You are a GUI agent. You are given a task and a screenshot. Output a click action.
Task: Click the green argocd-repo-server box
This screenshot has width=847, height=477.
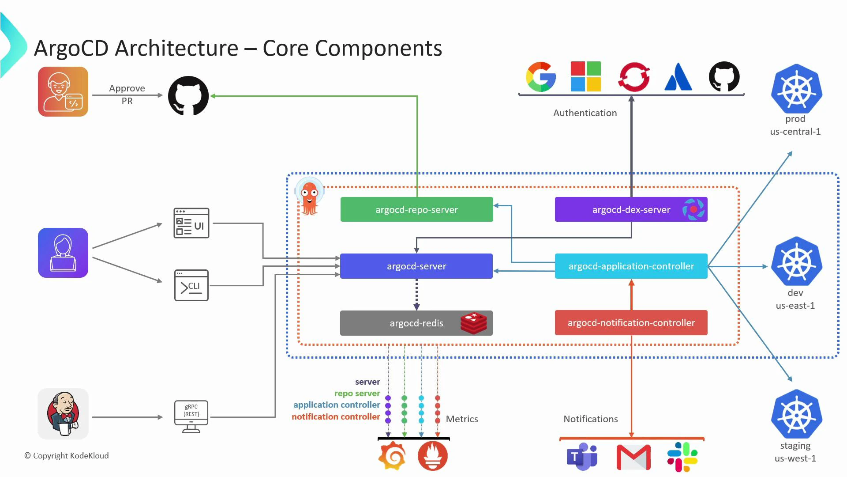click(x=416, y=209)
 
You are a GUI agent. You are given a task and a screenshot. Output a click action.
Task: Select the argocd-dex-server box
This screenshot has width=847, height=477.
click(x=631, y=209)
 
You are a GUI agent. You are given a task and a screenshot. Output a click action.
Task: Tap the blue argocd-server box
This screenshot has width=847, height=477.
click(x=416, y=266)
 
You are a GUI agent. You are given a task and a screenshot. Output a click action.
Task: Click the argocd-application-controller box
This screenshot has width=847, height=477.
click(x=631, y=266)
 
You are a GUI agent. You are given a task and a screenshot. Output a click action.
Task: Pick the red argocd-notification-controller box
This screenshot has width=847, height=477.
click(x=631, y=322)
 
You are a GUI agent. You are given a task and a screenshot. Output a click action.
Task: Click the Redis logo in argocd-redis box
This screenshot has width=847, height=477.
click(x=473, y=323)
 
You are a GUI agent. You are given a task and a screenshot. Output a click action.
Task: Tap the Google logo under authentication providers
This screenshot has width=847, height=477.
click(x=541, y=77)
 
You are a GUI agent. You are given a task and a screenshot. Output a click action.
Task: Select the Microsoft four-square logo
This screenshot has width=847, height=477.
click(x=585, y=76)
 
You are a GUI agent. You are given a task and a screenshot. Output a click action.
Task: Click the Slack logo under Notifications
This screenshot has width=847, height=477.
click(x=682, y=457)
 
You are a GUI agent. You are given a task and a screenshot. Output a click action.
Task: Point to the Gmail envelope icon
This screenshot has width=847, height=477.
click(x=633, y=457)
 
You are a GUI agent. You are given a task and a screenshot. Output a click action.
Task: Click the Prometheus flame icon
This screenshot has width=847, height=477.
click(x=432, y=456)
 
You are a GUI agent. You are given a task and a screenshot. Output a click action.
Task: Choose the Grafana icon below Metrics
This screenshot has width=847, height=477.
click(x=392, y=456)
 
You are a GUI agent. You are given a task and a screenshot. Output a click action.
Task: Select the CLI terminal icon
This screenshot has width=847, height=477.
click(x=191, y=285)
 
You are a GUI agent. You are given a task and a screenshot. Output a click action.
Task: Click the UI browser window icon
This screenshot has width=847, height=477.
click(x=191, y=223)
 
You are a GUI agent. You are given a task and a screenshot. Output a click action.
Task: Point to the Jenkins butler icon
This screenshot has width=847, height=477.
click(x=63, y=414)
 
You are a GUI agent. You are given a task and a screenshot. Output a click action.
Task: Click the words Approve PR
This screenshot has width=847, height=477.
click(x=127, y=95)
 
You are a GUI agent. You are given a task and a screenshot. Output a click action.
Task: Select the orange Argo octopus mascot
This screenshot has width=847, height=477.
click(x=309, y=196)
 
